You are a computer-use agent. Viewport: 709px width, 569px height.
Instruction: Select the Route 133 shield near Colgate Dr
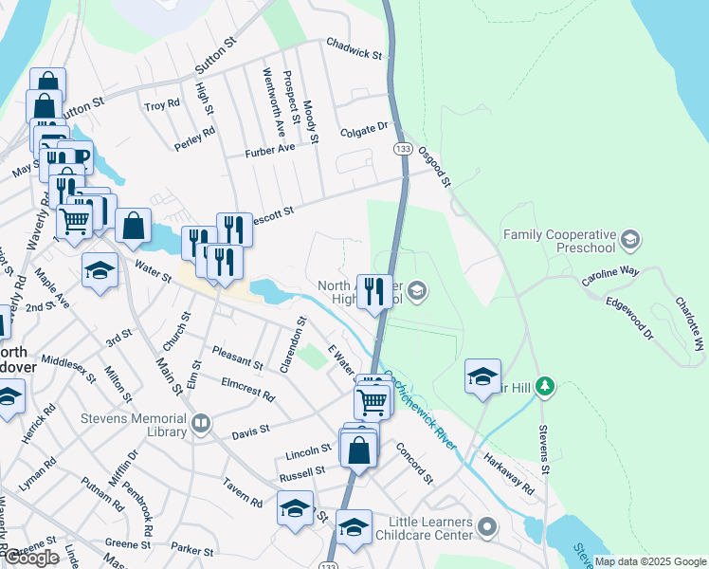pyautogui.click(x=403, y=149)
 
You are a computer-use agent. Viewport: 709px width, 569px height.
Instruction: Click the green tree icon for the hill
pyautogui.click(x=544, y=386)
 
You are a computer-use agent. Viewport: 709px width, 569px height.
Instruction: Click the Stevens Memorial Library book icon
pyautogui.click(x=200, y=425)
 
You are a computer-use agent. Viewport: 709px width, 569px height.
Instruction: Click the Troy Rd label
pyautogui.click(x=161, y=104)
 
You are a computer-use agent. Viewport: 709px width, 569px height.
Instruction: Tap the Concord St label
pyautogui.click(x=414, y=462)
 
